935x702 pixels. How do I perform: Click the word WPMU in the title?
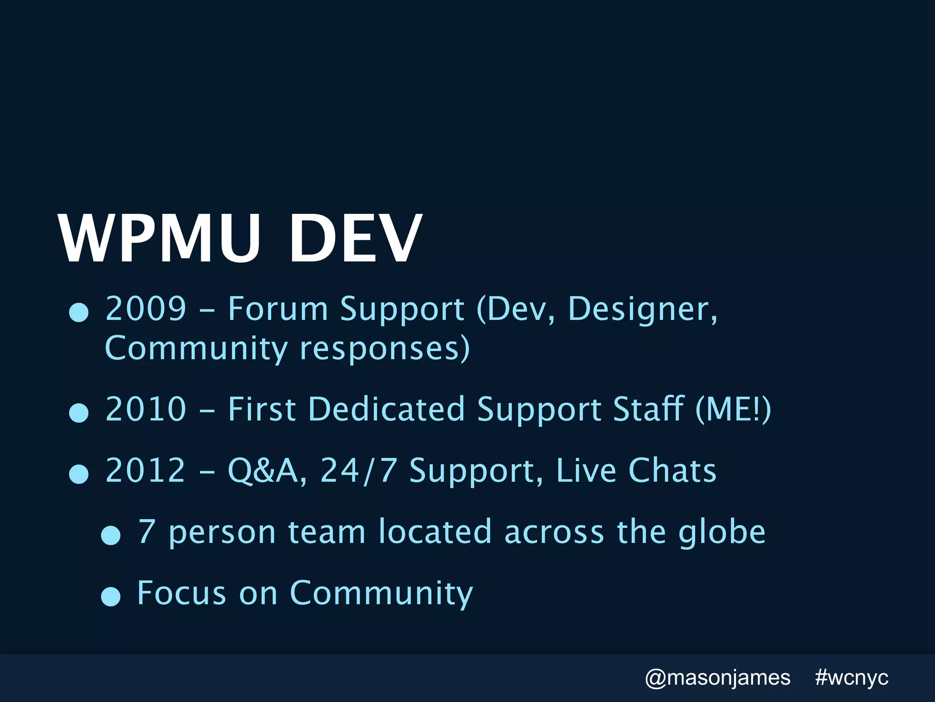(159, 239)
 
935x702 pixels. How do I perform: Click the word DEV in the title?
(354, 239)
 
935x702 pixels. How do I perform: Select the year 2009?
(146, 308)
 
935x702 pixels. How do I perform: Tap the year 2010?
(146, 409)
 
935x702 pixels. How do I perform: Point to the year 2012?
(146, 470)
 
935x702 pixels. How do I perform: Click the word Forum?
(278, 308)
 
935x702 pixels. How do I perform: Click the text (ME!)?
(733, 409)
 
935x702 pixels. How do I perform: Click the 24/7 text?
(358, 470)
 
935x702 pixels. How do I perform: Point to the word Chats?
(672, 470)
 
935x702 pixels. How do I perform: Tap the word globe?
(722, 533)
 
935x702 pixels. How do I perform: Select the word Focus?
(182, 593)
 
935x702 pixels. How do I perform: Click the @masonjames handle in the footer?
(717, 678)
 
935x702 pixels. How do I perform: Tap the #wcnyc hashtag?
(851, 678)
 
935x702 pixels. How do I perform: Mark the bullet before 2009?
(79, 313)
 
